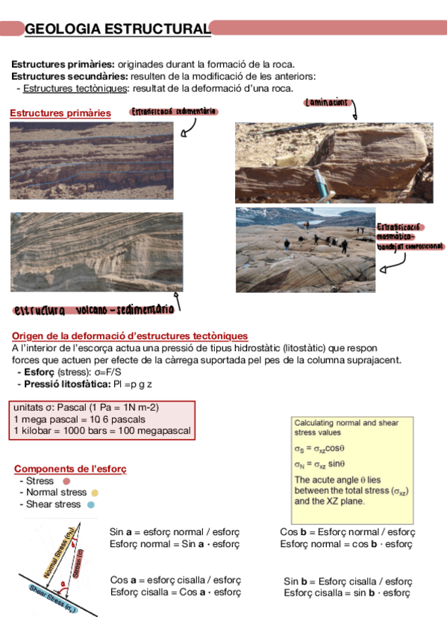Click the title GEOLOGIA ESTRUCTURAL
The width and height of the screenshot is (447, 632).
coord(118,29)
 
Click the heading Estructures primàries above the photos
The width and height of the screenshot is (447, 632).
coord(60,113)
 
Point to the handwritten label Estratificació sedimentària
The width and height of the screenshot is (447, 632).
coord(174,111)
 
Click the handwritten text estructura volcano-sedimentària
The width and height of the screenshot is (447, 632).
coord(93,309)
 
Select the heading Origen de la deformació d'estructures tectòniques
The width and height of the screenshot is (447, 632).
coord(131,336)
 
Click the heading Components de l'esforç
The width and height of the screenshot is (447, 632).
coord(70,469)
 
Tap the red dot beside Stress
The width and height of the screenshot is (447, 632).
coord(66,481)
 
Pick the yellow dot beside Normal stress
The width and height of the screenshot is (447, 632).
coord(95,493)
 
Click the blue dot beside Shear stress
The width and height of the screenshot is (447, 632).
coord(90,505)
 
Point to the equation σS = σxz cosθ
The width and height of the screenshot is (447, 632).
coord(319,449)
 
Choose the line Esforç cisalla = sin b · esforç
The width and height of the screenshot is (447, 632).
coord(347,592)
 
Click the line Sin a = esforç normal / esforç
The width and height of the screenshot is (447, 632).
coord(175,532)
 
